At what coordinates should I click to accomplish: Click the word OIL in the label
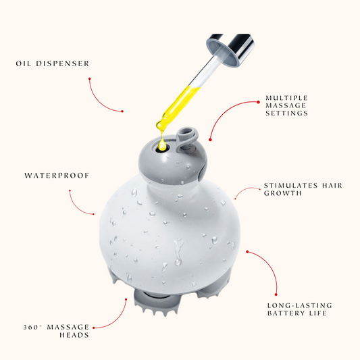pos(23,63)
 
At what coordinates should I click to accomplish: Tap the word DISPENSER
pos(62,63)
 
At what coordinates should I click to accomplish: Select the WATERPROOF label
pos(57,176)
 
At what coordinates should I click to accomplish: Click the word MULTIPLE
pos(286,98)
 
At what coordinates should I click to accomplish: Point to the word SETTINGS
pos(286,113)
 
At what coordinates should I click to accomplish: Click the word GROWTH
pos(282,193)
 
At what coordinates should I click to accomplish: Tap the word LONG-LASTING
pos(300,305)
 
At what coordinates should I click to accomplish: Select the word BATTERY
pos(286,313)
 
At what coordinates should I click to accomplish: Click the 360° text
pos(33,327)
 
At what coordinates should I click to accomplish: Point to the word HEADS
pos(74,335)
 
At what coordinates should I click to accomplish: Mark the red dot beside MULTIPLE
pos(258,102)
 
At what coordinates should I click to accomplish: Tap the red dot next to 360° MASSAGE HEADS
pos(94,328)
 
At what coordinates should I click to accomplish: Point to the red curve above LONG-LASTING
pos(269,267)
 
